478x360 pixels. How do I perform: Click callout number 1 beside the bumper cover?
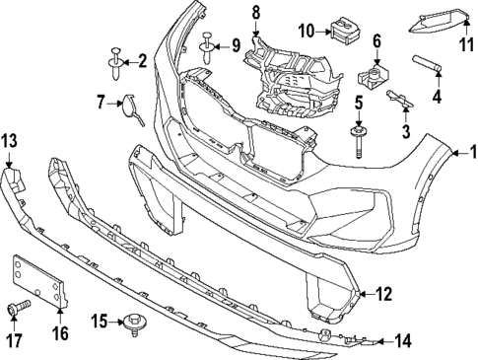click(x=471, y=153)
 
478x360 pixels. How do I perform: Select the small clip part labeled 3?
click(x=398, y=97)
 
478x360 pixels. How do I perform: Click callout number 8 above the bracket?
click(x=255, y=13)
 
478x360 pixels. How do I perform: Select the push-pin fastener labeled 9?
click(x=209, y=43)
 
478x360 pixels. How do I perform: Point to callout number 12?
click(x=383, y=293)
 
